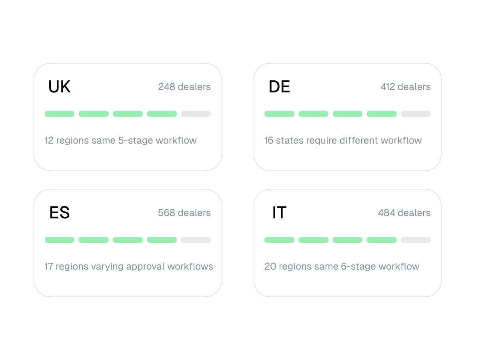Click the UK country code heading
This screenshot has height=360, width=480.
point(60,86)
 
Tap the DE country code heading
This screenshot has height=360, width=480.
point(279,86)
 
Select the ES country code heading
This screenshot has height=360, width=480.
point(60,212)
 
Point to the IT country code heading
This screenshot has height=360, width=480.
point(279,212)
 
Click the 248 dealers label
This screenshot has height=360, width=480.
point(184,87)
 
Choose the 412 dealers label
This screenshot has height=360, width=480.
point(406,87)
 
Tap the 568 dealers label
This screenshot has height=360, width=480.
point(184,213)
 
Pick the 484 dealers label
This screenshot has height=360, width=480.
point(404,213)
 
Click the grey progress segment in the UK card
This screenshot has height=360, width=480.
point(196,114)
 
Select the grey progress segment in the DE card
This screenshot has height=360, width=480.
point(416,114)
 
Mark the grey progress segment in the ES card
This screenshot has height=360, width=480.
point(196,240)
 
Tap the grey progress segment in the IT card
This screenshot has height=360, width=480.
point(416,240)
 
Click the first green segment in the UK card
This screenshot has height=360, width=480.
point(60,114)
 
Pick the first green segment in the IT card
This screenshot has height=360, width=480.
point(279,240)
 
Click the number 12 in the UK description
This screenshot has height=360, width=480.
point(49,140)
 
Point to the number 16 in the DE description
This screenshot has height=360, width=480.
point(269,140)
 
